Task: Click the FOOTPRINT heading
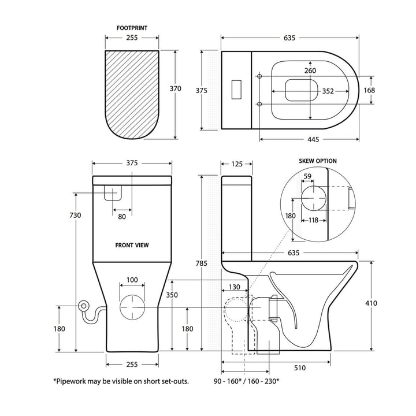(x=132, y=27)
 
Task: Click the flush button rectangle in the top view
(x=236, y=89)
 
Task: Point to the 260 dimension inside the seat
(x=310, y=70)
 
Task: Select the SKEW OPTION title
(x=317, y=161)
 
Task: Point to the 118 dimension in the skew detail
(x=314, y=220)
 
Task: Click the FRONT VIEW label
(x=132, y=245)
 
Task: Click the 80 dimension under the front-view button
(x=121, y=217)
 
